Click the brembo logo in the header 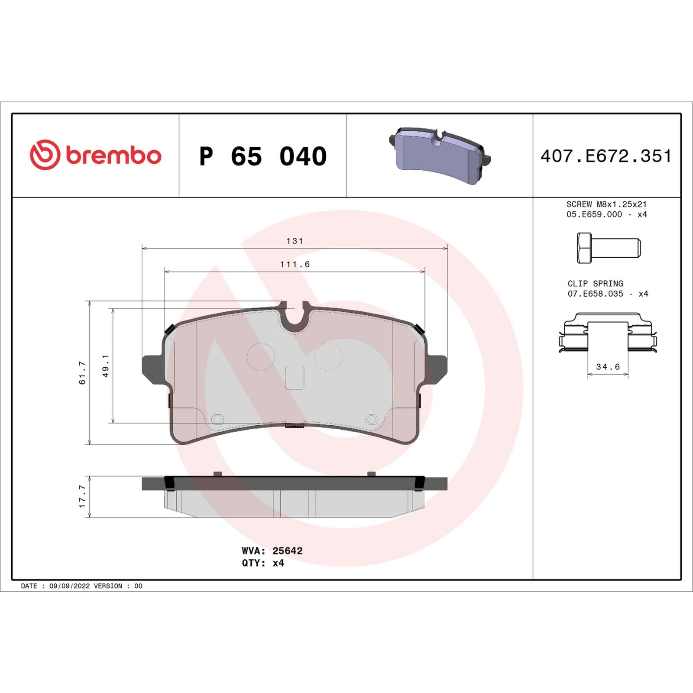point(95,155)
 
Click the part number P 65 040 point(263,156)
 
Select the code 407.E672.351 point(606,156)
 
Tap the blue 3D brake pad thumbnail point(439,155)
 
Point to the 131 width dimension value point(295,241)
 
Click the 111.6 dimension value point(295,264)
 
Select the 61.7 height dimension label point(82,373)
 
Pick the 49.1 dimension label point(105,366)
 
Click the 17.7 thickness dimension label point(82,496)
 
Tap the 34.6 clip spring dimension point(608,367)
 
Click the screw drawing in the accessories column point(608,248)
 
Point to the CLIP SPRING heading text point(595,283)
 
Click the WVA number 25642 point(287,551)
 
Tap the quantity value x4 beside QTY point(278,563)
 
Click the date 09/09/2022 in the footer point(69,586)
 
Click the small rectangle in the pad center point(295,377)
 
